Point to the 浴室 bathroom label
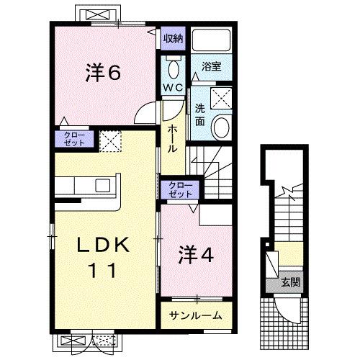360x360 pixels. click(211, 66)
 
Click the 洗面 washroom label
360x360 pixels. click(199, 114)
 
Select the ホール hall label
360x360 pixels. click(173, 137)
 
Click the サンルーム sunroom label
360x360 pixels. click(195, 315)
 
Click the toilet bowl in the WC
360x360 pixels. click(173, 69)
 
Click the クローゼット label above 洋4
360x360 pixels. click(180, 190)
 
